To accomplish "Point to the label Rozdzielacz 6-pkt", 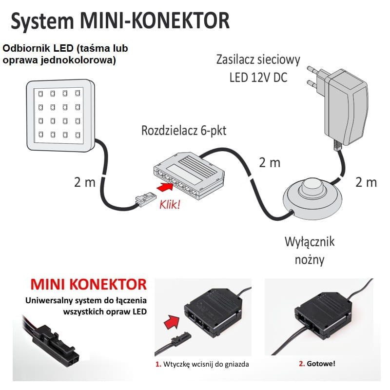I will point(184,131).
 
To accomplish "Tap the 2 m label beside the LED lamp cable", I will point(84,182).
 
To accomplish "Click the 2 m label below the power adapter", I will point(366,182).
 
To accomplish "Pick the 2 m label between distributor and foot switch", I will point(269,162).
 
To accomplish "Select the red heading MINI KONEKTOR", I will point(88,284).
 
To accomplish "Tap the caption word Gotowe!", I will point(322,364).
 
